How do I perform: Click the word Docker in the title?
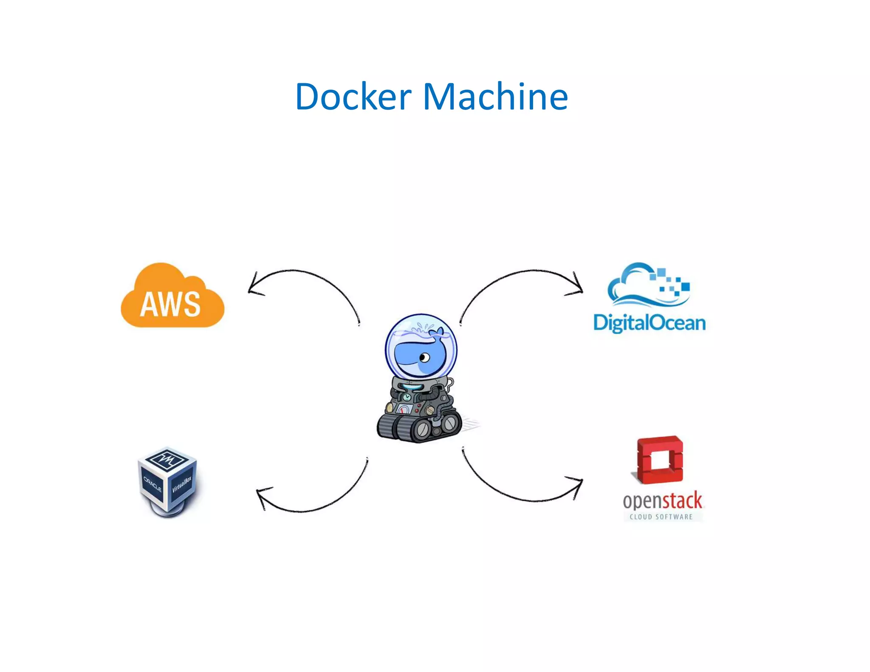tap(353, 97)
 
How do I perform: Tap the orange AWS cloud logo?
tap(172, 297)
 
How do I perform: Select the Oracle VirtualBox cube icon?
tap(168, 480)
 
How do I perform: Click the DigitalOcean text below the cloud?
tap(649, 323)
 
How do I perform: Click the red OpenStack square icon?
tap(659, 460)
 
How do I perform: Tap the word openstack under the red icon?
tap(662, 501)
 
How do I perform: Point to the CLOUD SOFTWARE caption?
tap(661, 517)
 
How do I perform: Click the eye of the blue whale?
tap(424, 357)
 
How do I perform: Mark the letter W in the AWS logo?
tap(170, 305)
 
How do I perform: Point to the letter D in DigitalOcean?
tap(601, 323)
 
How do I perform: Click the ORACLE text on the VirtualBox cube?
tap(153, 484)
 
